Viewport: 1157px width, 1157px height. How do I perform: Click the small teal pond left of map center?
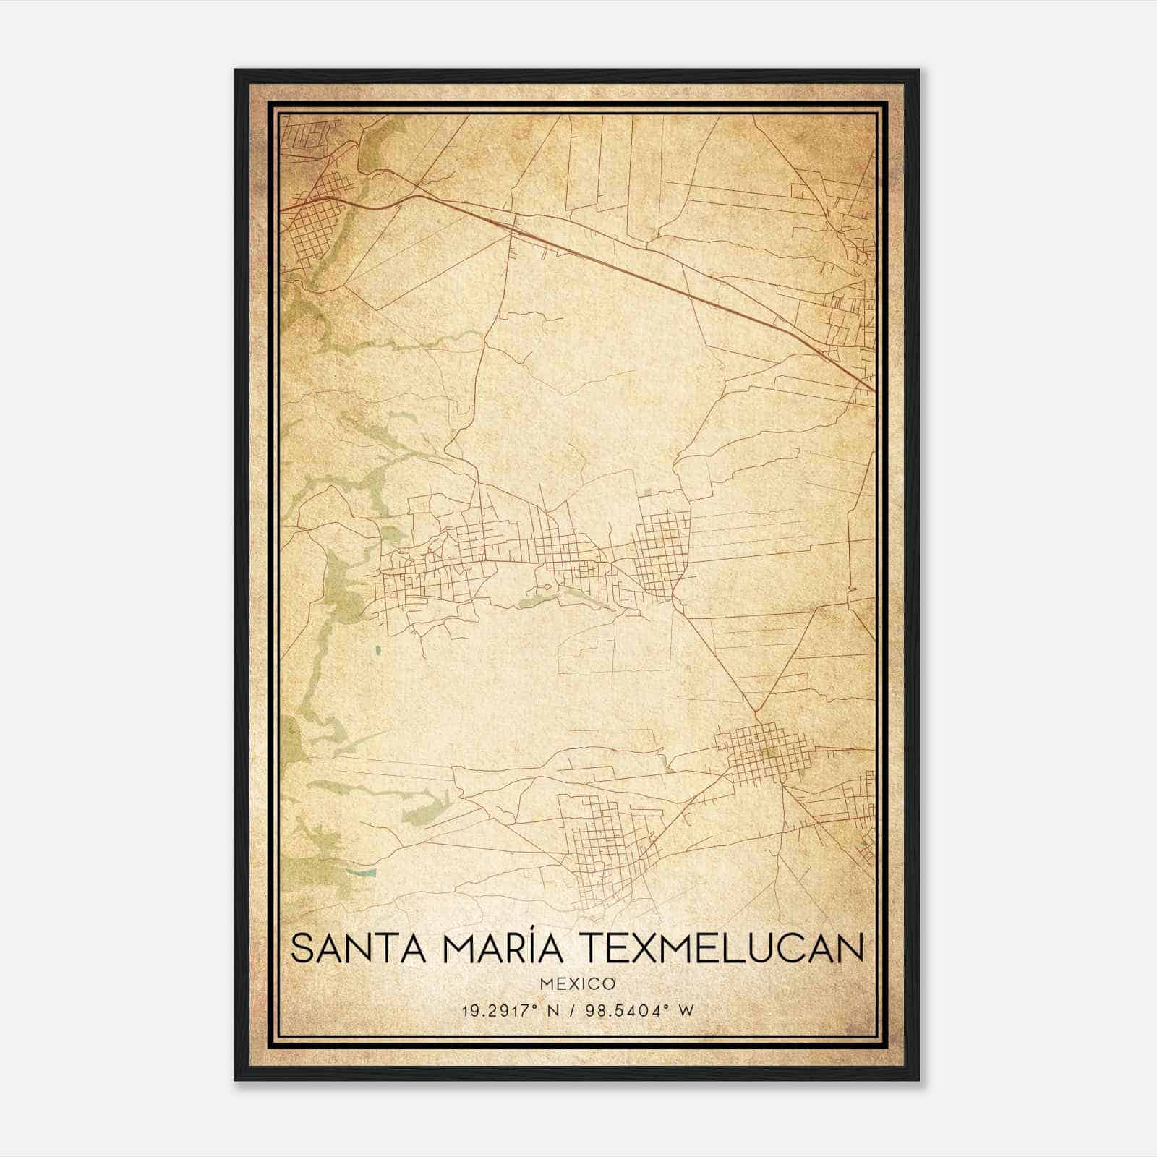(x=379, y=656)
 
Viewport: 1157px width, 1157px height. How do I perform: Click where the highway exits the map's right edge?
(x=874, y=390)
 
